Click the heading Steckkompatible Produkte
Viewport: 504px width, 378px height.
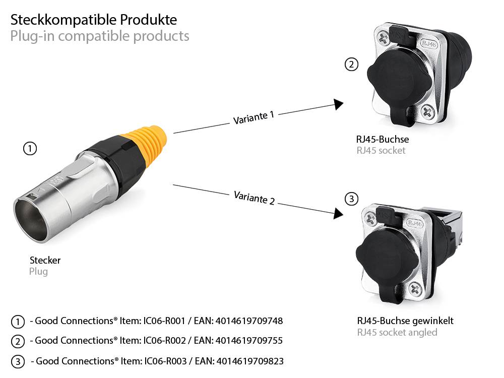(x=94, y=20)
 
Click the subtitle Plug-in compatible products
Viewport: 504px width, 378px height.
(x=100, y=36)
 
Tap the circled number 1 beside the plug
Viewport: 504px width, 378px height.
(x=30, y=149)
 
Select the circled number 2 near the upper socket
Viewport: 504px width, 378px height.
(x=351, y=65)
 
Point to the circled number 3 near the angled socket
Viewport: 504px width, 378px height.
(x=351, y=199)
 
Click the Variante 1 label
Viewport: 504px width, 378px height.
(x=254, y=117)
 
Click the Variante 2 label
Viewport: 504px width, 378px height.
(x=254, y=198)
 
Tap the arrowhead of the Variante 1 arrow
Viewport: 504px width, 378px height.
(x=339, y=104)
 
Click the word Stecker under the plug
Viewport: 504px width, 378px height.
(x=45, y=261)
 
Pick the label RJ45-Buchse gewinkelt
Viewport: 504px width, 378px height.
(x=405, y=321)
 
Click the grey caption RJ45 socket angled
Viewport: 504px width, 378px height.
(x=397, y=332)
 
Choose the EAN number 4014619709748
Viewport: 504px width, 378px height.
(x=249, y=321)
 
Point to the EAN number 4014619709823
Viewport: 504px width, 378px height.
(x=249, y=361)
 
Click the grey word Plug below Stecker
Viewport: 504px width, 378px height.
(x=38, y=272)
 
